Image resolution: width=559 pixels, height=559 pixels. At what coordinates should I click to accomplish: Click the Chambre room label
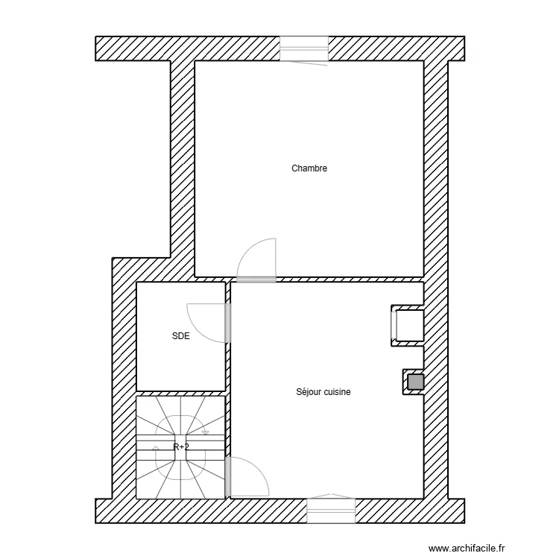click(x=309, y=168)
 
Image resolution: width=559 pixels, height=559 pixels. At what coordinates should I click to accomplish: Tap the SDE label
click(x=181, y=336)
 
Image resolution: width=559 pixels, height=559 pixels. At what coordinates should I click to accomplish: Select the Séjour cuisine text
click(x=323, y=392)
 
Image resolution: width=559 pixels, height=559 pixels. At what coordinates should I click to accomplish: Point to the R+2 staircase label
click(x=181, y=446)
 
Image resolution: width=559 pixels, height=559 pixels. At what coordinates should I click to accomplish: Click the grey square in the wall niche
click(x=416, y=382)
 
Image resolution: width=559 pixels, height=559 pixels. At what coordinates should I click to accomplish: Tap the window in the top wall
click(x=304, y=49)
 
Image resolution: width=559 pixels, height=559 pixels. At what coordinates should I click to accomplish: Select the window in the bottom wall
click(x=331, y=511)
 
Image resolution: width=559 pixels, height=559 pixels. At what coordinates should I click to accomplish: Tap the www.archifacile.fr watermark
click(x=467, y=548)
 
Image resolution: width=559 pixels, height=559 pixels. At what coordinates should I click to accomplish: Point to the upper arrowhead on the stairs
click(x=205, y=432)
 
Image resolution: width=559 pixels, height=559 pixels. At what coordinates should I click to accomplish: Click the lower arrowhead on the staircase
click(x=156, y=448)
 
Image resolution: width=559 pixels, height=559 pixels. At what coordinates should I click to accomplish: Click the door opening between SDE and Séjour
click(x=228, y=323)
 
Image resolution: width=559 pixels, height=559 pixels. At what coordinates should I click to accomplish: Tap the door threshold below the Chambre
click(x=256, y=279)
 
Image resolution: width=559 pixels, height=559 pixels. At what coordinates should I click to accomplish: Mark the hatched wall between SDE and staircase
click(x=181, y=394)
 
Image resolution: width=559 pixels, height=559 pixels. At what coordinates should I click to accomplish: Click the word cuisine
click(x=336, y=392)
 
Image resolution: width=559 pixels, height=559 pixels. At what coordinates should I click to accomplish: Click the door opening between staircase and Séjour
click(x=228, y=477)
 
